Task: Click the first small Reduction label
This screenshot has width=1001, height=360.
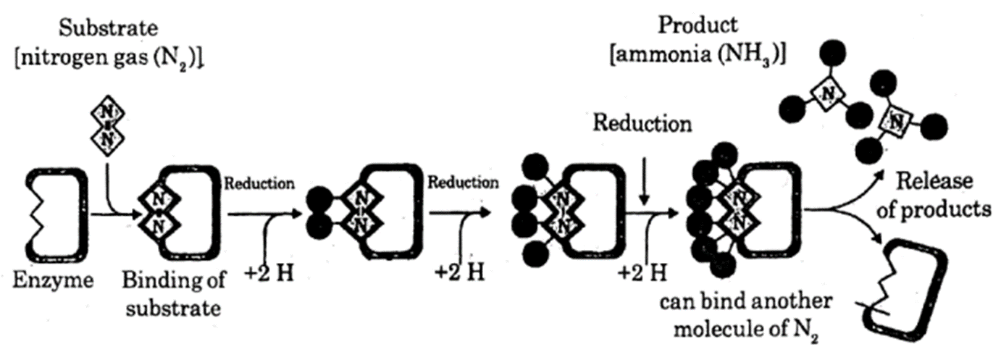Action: click(259, 183)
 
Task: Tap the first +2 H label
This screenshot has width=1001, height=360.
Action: click(269, 275)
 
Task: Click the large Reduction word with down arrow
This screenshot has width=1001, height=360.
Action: click(642, 124)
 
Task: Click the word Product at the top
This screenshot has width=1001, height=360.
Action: click(698, 25)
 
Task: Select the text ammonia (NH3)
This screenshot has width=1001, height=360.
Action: click(698, 54)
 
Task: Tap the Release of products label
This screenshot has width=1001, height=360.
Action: click(945, 196)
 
